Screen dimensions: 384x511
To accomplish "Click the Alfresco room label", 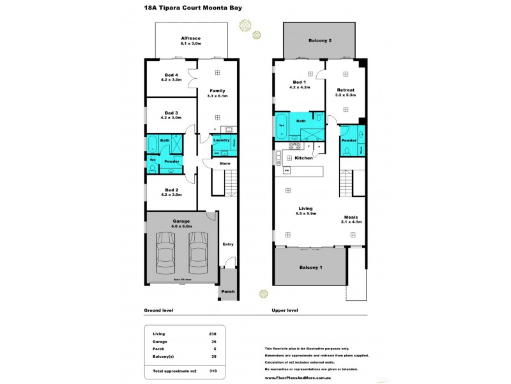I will click(x=191, y=38).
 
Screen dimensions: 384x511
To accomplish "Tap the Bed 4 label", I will click(x=171, y=76).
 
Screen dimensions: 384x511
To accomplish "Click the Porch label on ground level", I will click(x=228, y=291).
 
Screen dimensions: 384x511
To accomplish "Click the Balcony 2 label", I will click(x=321, y=40).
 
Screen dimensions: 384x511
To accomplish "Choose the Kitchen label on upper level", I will click(x=303, y=157).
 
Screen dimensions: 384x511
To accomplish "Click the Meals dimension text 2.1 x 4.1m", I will click(x=351, y=221).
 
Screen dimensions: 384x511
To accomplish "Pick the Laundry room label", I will click(x=221, y=140).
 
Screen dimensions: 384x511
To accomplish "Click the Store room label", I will click(x=224, y=163).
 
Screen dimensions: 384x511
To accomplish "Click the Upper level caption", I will click(x=285, y=310).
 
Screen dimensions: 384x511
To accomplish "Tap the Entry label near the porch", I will click(x=227, y=244).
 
